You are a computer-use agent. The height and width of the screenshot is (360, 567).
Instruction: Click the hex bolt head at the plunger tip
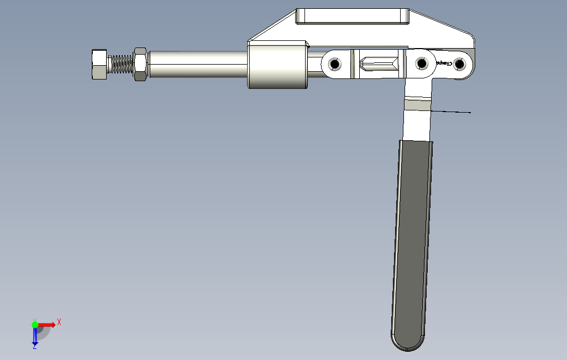(98, 64)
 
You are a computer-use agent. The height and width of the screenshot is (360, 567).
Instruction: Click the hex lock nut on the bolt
(140, 64)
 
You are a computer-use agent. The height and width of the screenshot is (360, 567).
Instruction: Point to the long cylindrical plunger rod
(196, 64)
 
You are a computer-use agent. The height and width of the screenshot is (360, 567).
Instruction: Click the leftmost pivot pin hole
(334, 64)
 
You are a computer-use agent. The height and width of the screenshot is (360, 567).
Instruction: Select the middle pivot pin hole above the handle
(422, 64)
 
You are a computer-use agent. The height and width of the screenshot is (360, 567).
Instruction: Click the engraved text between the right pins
(444, 63)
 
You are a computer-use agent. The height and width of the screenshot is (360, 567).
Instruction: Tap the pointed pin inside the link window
(379, 64)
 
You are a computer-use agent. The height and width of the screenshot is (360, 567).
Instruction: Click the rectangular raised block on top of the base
(352, 17)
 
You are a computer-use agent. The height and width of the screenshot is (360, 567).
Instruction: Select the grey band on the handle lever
(417, 104)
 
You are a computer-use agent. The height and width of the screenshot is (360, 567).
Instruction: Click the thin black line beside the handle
(450, 112)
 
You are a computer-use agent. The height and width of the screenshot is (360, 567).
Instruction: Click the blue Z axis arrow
(35, 335)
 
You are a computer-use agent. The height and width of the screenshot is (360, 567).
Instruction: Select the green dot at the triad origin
(35, 325)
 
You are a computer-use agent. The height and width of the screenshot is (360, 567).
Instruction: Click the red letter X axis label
(59, 321)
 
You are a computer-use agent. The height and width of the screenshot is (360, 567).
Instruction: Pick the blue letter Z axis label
(34, 347)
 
